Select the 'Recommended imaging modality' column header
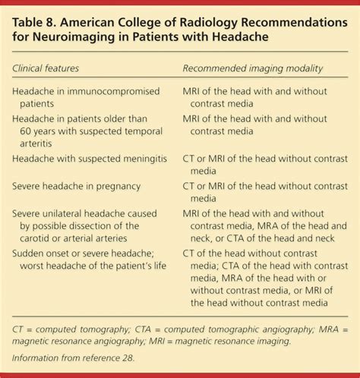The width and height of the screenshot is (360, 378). tap(252, 68)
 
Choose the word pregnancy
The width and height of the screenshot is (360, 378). tap(114, 186)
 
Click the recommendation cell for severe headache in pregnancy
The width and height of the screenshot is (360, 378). tap(265, 191)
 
